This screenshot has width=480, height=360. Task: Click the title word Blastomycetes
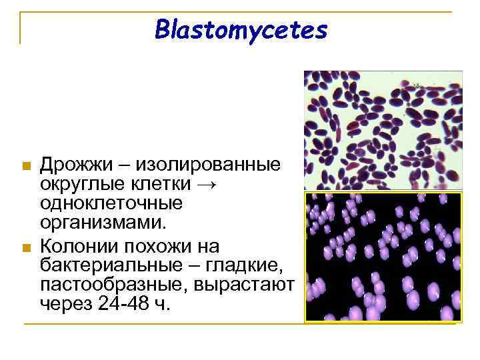pyautogui.click(x=241, y=29)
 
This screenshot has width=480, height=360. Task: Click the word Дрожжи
pyautogui.click(x=76, y=164)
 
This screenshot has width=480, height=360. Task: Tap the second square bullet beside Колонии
pyautogui.click(x=26, y=249)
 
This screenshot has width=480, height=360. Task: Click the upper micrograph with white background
pyautogui.click(x=383, y=131)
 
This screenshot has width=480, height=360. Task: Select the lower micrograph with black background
pyautogui.click(x=383, y=257)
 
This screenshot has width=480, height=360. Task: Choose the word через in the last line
pyautogui.click(x=65, y=304)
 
